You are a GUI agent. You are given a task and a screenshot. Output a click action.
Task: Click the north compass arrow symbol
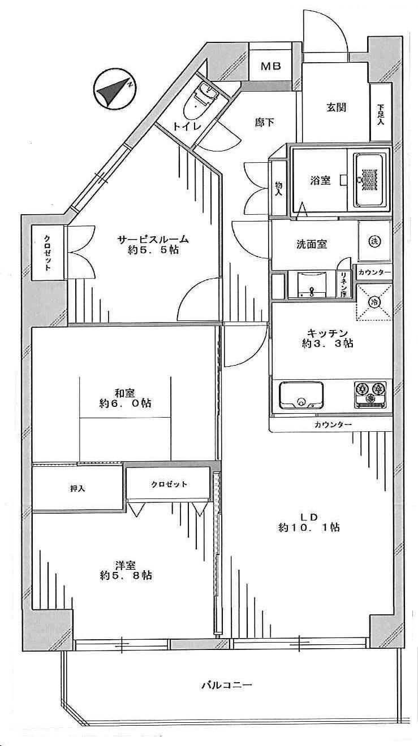pos(114,89)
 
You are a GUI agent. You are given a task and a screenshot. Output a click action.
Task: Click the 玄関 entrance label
pos(336,107)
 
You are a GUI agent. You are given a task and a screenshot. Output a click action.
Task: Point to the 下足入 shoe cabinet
pos(381,112)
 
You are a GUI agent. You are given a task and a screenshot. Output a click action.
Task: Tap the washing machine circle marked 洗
pos(375,241)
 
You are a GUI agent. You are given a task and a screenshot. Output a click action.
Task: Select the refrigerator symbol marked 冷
pos(374,302)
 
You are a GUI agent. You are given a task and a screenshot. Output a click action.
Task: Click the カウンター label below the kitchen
pos(333,425)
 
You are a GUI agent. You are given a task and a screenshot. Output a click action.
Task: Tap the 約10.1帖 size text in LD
pos(309,528)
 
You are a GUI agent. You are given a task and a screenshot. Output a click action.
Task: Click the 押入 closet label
pos(77,488)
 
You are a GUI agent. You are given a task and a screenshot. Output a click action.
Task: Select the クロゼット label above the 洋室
pos(169,484)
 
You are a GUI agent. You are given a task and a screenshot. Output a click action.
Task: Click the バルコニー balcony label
pos(226,686)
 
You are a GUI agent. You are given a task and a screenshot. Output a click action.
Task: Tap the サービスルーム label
pos(153,239)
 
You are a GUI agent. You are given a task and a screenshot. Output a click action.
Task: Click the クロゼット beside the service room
pos(49,252)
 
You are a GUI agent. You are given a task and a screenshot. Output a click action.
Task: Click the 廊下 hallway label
pos(264,122)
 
